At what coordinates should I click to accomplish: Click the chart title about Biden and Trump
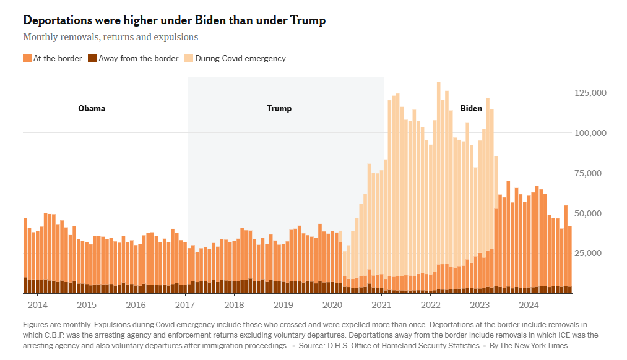[x=174, y=20]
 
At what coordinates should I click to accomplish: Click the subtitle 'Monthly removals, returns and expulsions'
[x=110, y=37]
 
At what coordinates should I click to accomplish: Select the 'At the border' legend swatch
[x=27, y=59]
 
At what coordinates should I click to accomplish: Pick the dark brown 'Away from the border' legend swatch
[x=92, y=59]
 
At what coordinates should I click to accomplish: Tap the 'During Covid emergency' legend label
[x=240, y=59]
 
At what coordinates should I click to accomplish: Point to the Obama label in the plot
[x=92, y=109]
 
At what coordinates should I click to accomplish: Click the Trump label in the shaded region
[x=279, y=109]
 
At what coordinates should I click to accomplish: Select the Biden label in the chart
[x=471, y=109]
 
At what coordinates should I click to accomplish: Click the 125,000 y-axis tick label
[x=590, y=93]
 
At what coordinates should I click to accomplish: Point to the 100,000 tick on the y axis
[x=590, y=133]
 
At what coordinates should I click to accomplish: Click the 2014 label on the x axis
[x=37, y=305]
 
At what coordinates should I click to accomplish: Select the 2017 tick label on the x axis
[x=185, y=305]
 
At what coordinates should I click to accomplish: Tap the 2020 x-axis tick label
[x=332, y=305]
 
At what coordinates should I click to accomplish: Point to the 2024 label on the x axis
[x=529, y=305]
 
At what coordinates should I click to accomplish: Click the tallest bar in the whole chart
[x=438, y=186]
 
